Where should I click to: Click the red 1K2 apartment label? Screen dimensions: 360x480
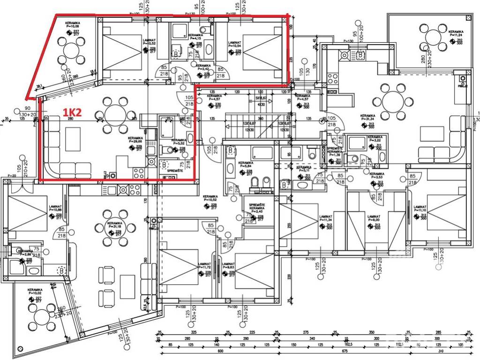coord(73,113)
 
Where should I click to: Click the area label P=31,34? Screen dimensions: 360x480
coord(367,120)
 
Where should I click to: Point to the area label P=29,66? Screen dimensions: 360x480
coord(135,142)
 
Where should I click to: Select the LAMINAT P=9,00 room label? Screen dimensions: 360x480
coord(374,220)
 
